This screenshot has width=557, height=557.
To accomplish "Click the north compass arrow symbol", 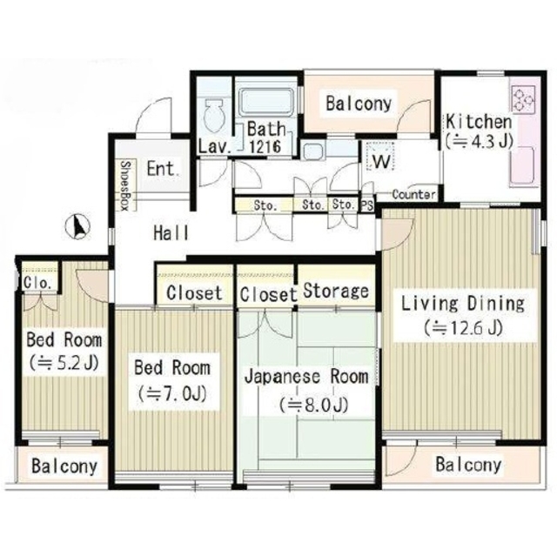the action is tap(78, 226).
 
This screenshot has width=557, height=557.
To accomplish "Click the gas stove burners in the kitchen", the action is tap(523, 98).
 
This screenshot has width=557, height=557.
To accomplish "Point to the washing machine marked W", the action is tap(381, 158).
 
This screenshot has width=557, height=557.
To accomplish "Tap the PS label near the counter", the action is tap(367, 205).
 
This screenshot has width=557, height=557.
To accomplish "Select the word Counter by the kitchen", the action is tap(414, 194).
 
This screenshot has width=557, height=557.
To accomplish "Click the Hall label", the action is tap(171, 233).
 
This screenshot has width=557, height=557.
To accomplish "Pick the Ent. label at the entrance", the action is tap(163, 169).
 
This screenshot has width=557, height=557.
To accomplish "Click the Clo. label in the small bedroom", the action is tap(37, 283).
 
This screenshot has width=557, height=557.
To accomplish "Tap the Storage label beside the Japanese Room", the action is tap(336, 291).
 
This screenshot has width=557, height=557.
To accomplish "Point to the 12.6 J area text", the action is tap(464, 328).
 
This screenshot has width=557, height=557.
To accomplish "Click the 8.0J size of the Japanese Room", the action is tap(314, 405).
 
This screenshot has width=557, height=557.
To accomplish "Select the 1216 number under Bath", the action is tap(265, 146).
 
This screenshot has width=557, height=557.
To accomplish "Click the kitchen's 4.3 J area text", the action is tap(480, 142).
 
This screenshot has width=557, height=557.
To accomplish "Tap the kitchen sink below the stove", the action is tap(522, 165).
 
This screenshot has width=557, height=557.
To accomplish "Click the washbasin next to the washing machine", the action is tap(313, 151).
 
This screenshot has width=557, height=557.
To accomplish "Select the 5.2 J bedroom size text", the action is tap(64, 363).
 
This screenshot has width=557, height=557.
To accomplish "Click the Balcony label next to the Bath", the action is tap(359, 104).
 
